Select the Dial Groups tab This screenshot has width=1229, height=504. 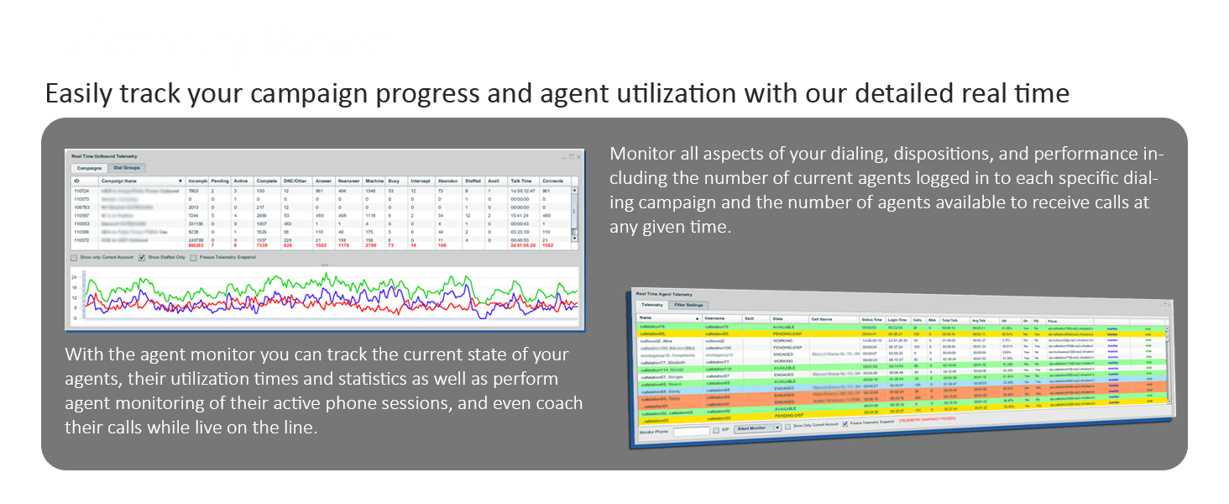pyautogui.click(x=128, y=168)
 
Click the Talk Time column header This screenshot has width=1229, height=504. pyautogui.click(x=520, y=181)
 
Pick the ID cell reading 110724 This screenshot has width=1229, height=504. pyautogui.click(x=81, y=191)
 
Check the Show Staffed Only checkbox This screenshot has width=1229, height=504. pyautogui.click(x=142, y=258)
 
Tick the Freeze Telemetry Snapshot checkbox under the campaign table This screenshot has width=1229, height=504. pyautogui.click(x=194, y=258)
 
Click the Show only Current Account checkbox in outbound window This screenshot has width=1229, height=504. pyautogui.click(x=75, y=258)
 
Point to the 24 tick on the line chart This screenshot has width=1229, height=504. pyautogui.click(x=75, y=276)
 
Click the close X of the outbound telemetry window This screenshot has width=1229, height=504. pyautogui.click(x=578, y=155)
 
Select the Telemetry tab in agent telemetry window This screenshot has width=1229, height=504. pyautogui.click(x=652, y=304)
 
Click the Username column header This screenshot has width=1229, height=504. pyautogui.click(x=715, y=318)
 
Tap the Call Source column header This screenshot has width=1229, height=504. pyautogui.click(x=822, y=319)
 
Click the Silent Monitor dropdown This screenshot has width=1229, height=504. pyautogui.click(x=756, y=428)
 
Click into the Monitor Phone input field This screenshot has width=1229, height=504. pyautogui.click(x=691, y=431)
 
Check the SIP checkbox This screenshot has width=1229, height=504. pyautogui.click(x=716, y=429)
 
